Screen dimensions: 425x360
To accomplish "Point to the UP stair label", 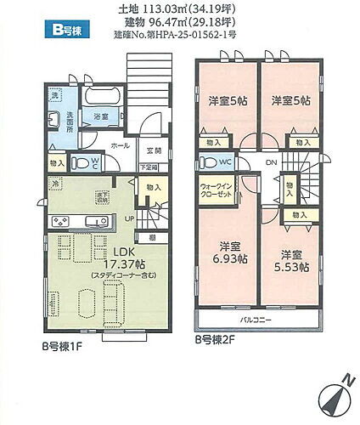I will pos(128,218).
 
